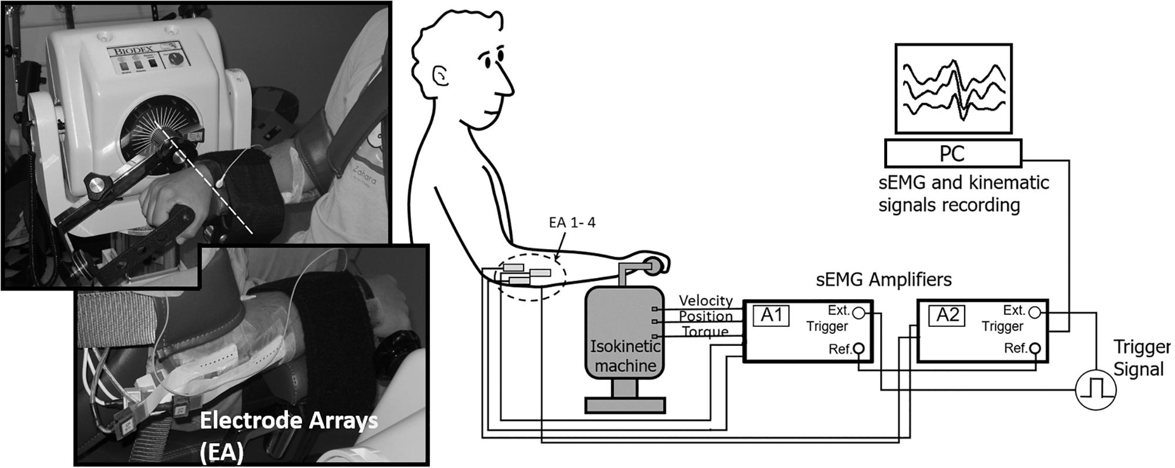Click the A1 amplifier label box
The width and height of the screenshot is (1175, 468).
click(771, 315)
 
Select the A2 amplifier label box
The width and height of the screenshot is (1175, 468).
click(946, 315)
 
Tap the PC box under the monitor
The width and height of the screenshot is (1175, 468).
click(953, 153)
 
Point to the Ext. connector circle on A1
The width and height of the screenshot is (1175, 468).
click(858, 312)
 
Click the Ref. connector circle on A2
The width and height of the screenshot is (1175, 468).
click(1035, 349)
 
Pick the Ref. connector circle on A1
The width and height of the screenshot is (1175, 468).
click(858, 349)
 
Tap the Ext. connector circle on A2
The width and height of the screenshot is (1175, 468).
click(1035, 312)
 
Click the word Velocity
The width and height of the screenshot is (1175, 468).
click(706, 300)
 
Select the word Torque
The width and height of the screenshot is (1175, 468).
click(706, 332)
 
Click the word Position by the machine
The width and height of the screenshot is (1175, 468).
click(706, 316)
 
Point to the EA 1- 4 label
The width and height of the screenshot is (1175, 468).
click(572, 223)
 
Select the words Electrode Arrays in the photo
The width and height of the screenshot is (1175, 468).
click(288, 421)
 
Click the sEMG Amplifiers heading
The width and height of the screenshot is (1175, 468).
click(884, 279)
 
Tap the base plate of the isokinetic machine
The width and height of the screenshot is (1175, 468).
click(625, 405)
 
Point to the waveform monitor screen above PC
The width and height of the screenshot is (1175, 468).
click(953, 88)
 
